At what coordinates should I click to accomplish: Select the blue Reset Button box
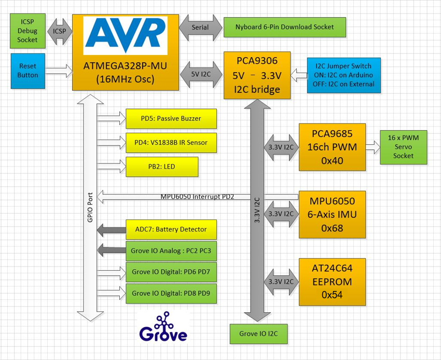pyautogui.click(x=27, y=71)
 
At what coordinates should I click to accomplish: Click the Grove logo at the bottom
pyautogui.click(x=163, y=328)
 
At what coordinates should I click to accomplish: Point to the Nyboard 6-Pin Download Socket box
pyautogui.click(x=284, y=27)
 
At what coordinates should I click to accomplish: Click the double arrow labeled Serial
pyautogui.click(x=200, y=27)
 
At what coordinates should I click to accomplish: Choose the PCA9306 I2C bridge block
pyautogui.click(x=257, y=75)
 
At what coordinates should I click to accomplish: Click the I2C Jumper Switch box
pyautogui.click(x=343, y=75)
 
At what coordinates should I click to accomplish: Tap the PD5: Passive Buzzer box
pyautogui.click(x=171, y=119)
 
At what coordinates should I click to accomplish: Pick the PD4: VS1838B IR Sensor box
pyautogui.click(x=171, y=143)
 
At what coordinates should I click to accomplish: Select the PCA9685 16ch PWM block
pyautogui.click(x=332, y=147)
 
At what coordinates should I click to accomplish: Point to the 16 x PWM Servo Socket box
pyautogui.click(x=403, y=147)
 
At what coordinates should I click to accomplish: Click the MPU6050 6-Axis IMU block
pyautogui.click(x=332, y=214)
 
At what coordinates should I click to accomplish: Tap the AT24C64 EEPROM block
pyautogui.click(x=332, y=282)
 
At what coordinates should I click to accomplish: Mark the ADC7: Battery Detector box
pyautogui.click(x=171, y=229)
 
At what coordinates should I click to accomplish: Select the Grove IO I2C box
pyautogui.click(x=258, y=334)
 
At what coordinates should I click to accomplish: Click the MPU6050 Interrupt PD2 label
pyautogui.click(x=197, y=197)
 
